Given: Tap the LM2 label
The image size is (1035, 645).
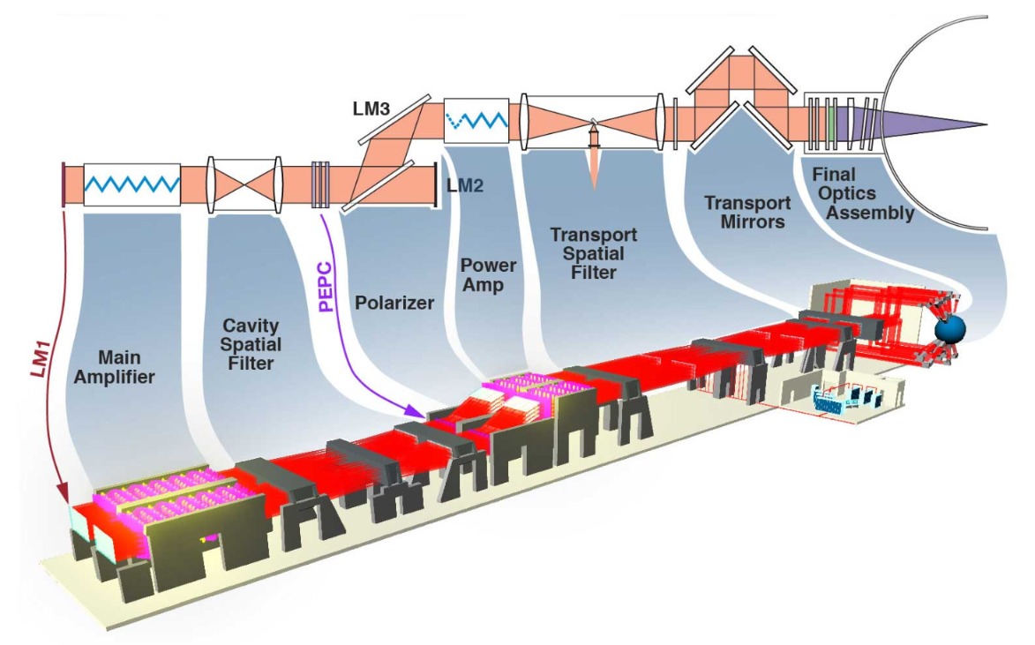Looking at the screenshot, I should pyautogui.click(x=466, y=185).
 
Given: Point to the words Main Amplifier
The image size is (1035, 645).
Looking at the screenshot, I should pyautogui.click(x=128, y=368).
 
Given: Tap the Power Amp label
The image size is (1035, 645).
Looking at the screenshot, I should pyautogui.click(x=488, y=275).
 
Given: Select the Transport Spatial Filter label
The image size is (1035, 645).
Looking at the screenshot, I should pyautogui.click(x=588, y=253).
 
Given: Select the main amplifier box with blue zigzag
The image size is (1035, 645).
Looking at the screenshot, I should pyautogui.click(x=132, y=185).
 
